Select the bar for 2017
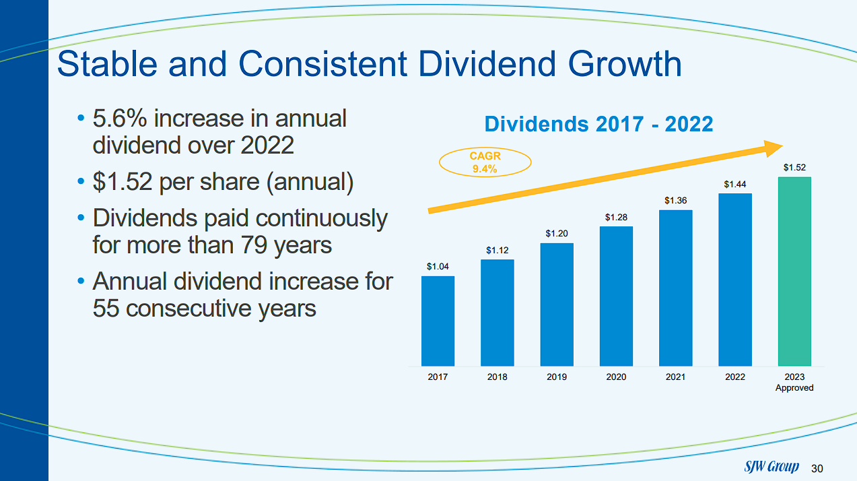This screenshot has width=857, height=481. pyautogui.click(x=438, y=321)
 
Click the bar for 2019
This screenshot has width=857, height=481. pyautogui.click(x=557, y=304)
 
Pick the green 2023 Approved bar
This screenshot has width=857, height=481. pyautogui.click(x=794, y=271)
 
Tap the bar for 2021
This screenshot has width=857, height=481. pyautogui.click(x=675, y=288)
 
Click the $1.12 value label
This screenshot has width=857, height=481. pyautogui.click(x=497, y=250)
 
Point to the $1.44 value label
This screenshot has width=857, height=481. pyautogui.click(x=734, y=184)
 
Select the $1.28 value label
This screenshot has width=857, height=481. pyautogui.click(x=616, y=217)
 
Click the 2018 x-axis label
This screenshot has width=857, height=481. pyautogui.click(x=497, y=377)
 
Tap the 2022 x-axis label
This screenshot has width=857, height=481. pyautogui.click(x=734, y=377)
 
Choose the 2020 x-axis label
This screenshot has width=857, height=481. pyautogui.click(x=616, y=377)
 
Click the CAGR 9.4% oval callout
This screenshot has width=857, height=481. pyautogui.click(x=485, y=162)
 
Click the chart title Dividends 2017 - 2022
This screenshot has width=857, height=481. pyautogui.click(x=598, y=124)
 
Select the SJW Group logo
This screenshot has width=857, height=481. pyautogui.click(x=772, y=467)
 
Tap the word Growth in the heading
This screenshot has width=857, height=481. pyautogui.click(x=625, y=65)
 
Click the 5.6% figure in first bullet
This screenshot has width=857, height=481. pyautogui.click(x=119, y=119)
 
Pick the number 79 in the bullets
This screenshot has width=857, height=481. pyautogui.click(x=254, y=245)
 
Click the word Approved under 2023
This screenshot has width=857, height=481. pyautogui.click(x=794, y=388)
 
